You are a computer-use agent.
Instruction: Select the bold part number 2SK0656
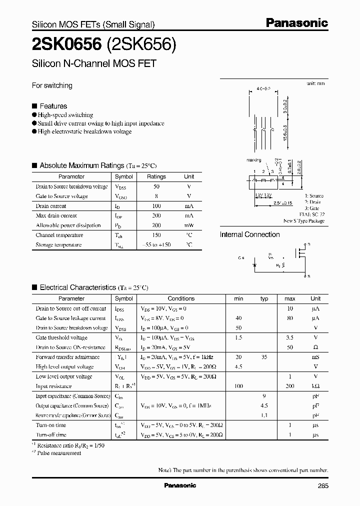[x=66, y=45]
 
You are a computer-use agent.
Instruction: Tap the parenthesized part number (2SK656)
[x=141, y=45]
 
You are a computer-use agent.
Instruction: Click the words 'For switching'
[x=52, y=85]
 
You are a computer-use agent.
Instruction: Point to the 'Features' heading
[x=53, y=106]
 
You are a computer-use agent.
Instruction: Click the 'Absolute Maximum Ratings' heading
[x=81, y=165]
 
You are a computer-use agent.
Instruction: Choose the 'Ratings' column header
[x=156, y=176]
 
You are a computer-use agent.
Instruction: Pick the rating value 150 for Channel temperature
[x=156, y=235]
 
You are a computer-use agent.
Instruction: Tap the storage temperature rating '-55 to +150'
[x=156, y=245]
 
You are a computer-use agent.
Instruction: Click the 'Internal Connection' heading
[x=250, y=234]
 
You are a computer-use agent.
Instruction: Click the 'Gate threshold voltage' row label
[x=61, y=337]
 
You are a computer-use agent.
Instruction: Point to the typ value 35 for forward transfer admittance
[x=264, y=357]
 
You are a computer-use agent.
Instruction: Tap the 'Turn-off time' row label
[x=51, y=435]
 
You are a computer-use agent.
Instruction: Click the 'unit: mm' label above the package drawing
[x=315, y=83]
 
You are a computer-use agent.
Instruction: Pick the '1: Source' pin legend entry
[x=313, y=195]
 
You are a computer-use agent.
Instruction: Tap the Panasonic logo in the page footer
[x=180, y=485]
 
